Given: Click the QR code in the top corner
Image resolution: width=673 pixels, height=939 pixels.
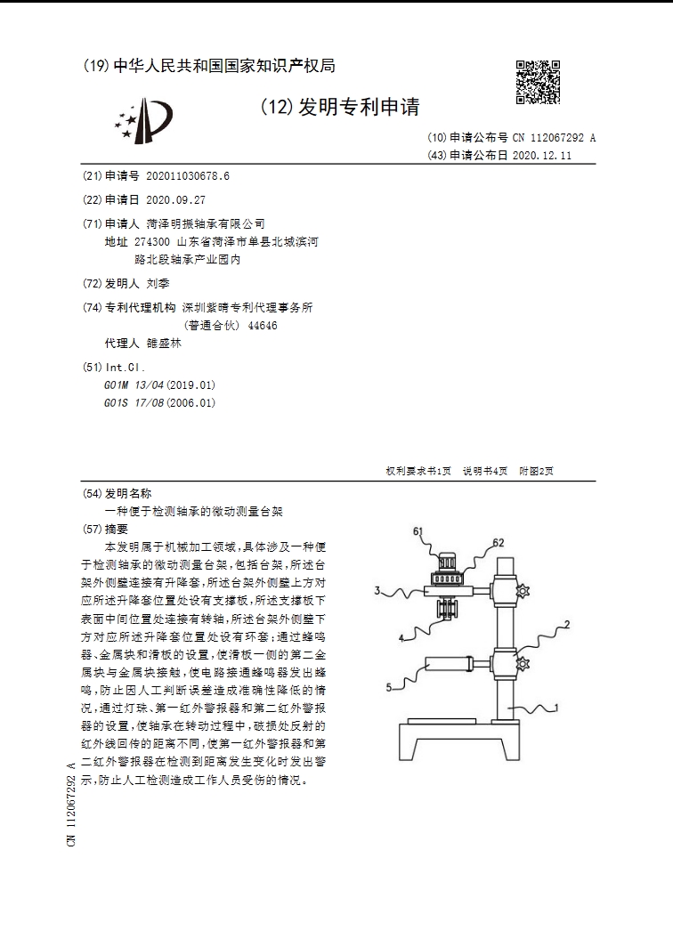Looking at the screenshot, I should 539,83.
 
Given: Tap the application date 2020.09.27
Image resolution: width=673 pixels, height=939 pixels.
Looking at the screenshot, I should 175,199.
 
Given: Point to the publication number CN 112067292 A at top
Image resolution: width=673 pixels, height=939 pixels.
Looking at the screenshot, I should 554,138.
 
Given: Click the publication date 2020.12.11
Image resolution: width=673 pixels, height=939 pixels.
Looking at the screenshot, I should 541,155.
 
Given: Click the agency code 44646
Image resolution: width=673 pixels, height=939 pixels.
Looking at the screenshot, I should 263,325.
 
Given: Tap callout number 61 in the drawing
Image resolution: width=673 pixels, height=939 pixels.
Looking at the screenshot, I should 418,530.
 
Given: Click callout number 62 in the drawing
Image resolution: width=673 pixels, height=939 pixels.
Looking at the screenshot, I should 499,541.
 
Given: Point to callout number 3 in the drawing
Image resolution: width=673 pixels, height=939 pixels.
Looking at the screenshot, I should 377,590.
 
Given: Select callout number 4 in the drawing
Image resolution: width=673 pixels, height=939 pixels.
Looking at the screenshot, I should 401,638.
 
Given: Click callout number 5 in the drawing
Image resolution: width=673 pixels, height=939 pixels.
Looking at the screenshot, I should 388,687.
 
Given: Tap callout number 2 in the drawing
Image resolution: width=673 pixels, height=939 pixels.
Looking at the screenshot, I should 566,627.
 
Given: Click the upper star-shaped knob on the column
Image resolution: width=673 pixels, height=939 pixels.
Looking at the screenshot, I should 523,591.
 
